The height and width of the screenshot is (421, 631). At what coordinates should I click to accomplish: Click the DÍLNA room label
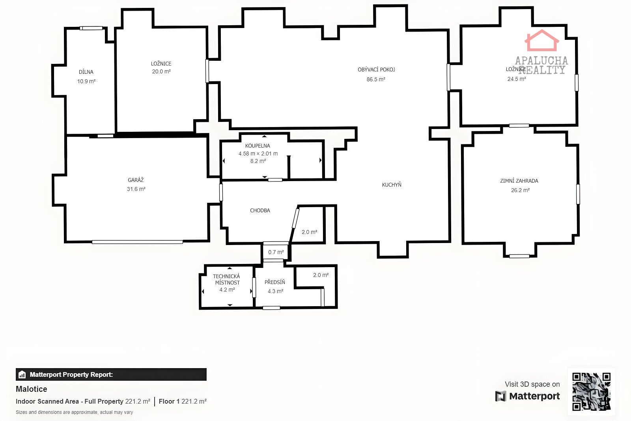86,72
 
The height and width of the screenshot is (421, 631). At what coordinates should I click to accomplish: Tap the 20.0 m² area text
161,71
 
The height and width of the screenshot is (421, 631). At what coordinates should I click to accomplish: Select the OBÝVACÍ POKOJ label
376,69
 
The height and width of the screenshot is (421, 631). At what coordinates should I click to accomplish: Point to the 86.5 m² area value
376,79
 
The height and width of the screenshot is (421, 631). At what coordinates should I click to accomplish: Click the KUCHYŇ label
392,185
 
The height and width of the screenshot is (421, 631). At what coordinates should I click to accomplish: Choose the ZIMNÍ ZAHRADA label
519,181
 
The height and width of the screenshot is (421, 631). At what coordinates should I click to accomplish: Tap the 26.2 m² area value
520,190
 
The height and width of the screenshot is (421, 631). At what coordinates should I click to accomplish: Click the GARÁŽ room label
136,180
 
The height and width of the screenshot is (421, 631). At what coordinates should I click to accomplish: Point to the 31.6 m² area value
136,189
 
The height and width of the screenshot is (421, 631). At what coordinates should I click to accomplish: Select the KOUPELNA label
258,146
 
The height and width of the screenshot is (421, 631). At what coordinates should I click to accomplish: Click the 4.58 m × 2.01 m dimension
258,153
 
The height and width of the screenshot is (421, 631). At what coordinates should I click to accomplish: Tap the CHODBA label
260,211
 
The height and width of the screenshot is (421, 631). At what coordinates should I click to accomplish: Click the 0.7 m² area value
276,252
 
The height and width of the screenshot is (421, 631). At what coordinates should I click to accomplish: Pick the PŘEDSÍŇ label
274,282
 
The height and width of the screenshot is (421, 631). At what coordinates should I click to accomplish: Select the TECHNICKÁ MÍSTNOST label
226,279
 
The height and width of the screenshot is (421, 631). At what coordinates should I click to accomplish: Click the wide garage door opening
137,242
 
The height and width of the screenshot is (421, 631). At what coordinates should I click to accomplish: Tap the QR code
591,391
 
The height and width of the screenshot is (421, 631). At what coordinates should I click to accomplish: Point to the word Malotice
31,389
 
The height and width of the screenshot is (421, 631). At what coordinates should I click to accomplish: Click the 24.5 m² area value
517,79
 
